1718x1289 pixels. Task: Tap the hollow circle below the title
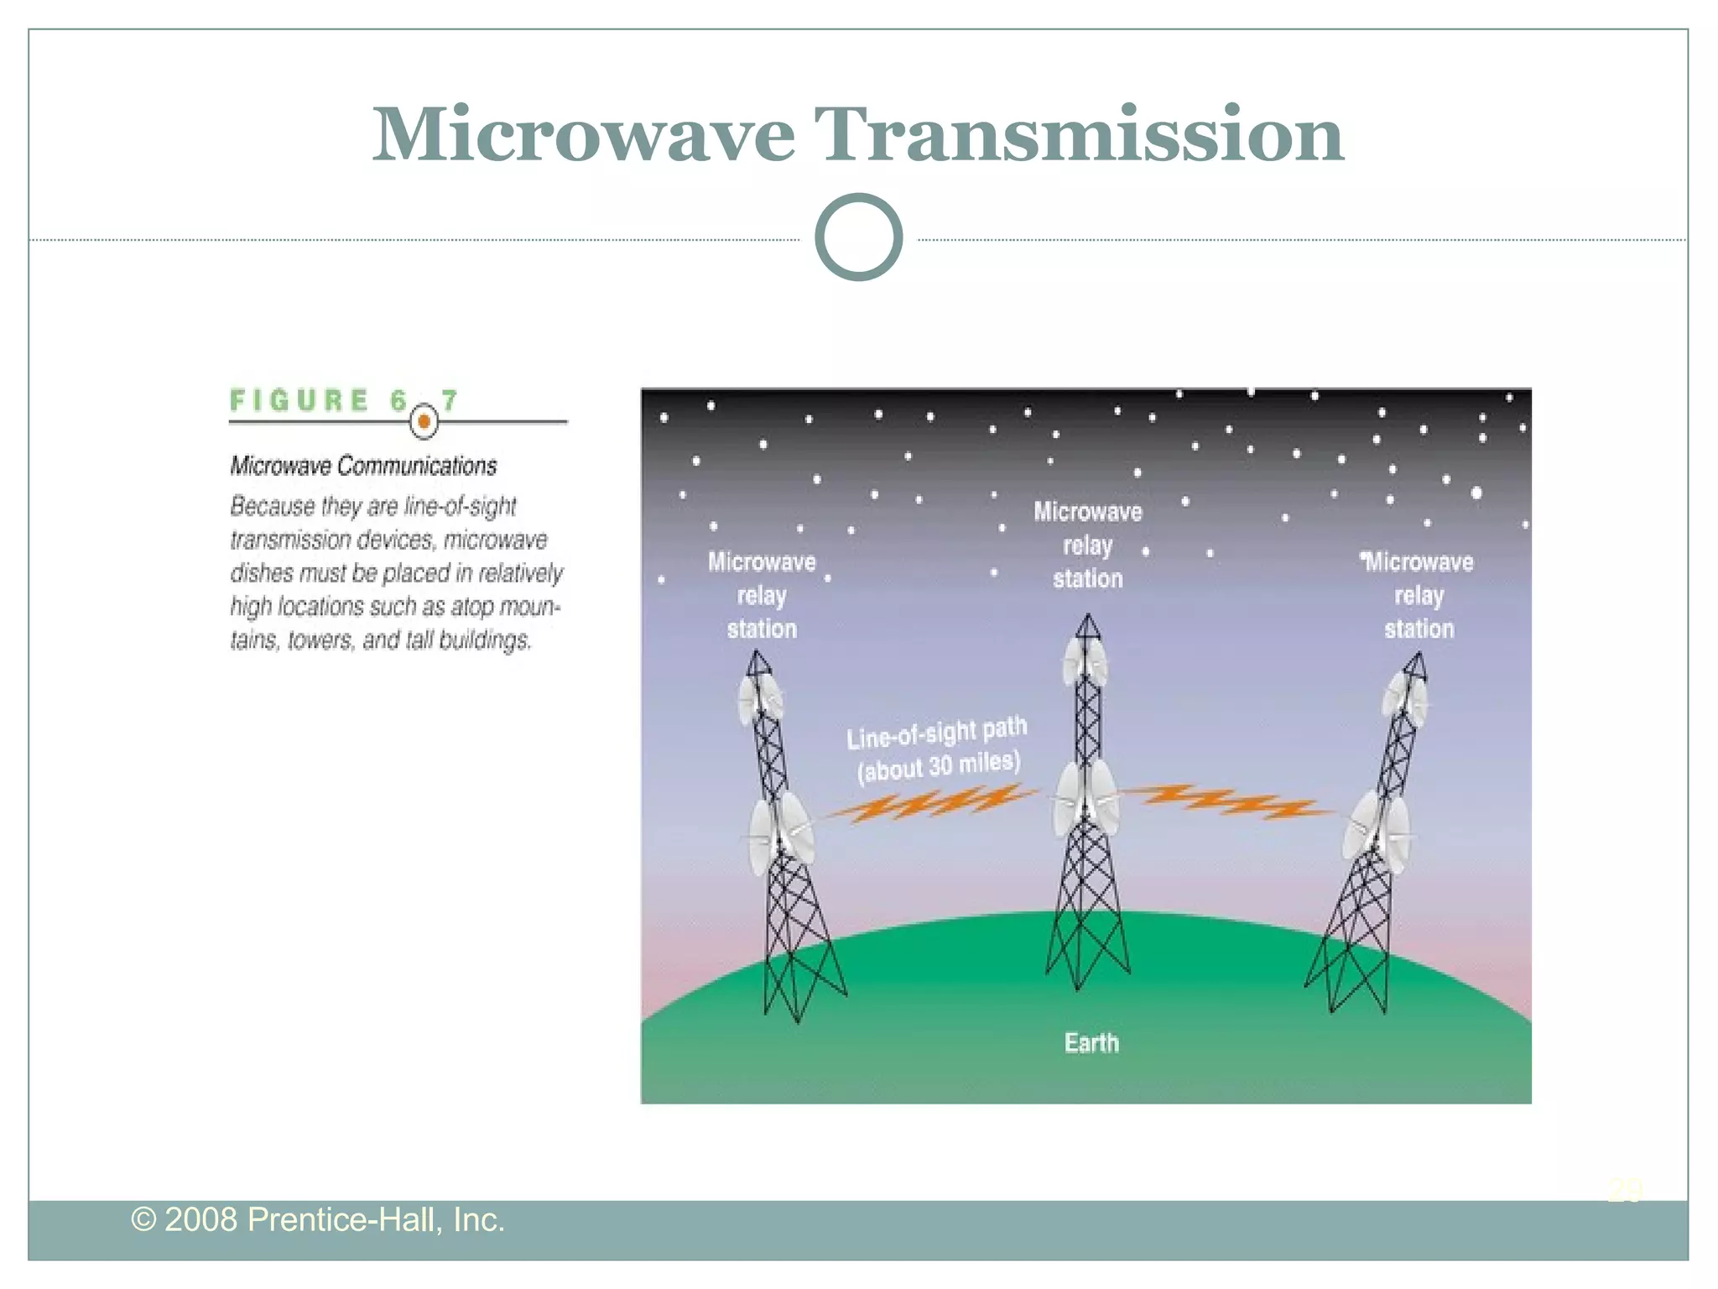[x=858, y=237]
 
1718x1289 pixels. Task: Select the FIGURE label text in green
[x=299, y=400]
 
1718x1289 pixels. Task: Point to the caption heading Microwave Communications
[x=363, y=466]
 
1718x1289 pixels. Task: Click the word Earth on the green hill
[x=1091, y=1042]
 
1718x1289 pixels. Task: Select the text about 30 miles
[x=938, y=765]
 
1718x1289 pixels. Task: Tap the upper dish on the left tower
[x=760, y=699]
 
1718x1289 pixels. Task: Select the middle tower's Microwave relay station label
[x=1087, y=545]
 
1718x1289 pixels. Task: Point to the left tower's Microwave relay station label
[x=762, y=595]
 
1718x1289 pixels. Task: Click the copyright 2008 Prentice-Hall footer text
[x=318, y=1219]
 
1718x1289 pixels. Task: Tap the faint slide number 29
[x=1625, y=1190]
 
